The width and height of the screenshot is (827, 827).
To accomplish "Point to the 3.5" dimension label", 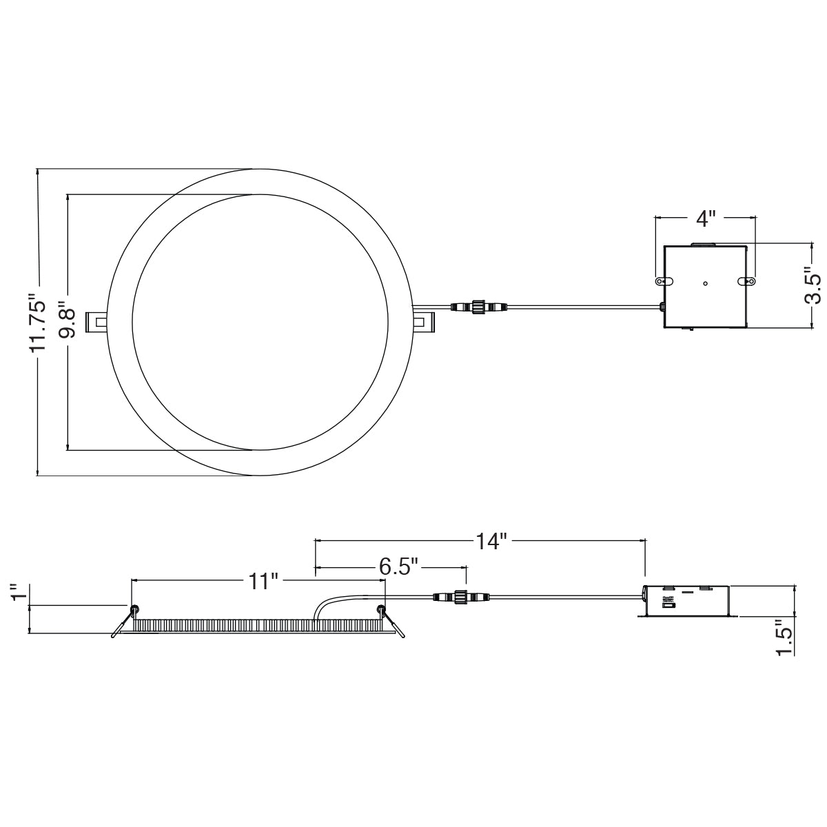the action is (812, 285).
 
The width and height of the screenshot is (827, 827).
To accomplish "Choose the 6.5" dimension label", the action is (399, 567).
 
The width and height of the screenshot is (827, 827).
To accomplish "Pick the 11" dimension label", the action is (263, 582).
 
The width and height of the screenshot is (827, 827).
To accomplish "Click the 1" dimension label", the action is (20, 593).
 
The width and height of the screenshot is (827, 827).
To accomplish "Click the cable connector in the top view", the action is (478, 307).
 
